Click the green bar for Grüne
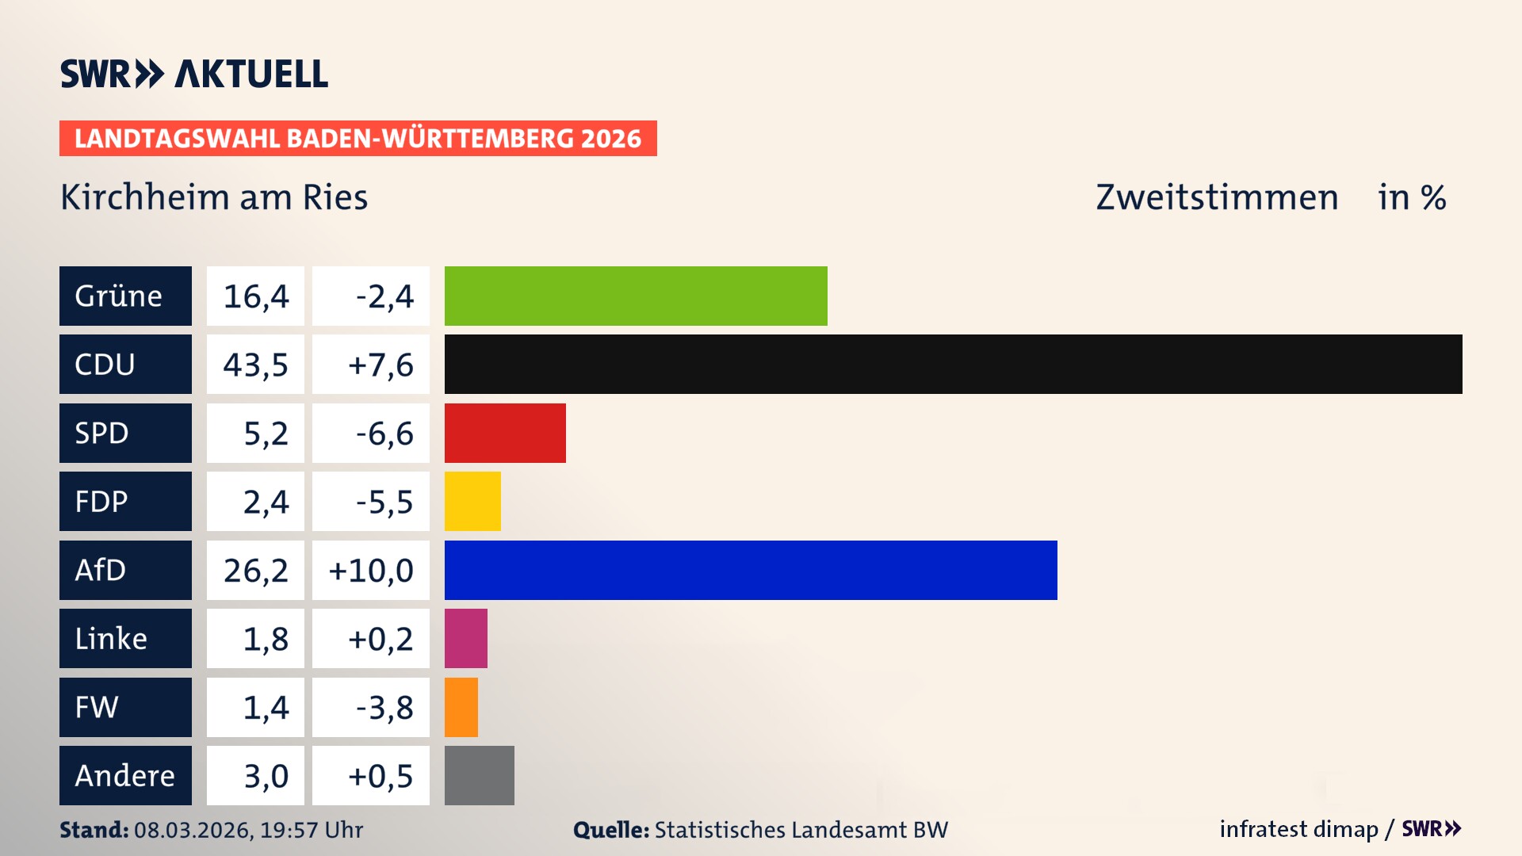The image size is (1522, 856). (636, 296)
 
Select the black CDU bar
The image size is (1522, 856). (953, 364)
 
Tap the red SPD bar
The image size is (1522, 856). (505, 433)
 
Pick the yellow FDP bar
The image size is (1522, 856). (472, 501)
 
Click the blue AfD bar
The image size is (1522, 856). (751, 570)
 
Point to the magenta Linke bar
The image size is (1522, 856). (466, 638)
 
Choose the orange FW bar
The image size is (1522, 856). (461, 707)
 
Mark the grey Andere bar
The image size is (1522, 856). (480, 775)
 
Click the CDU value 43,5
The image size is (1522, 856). (255, 365)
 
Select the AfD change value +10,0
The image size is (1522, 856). (371, 571)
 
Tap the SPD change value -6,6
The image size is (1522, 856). (384, 434)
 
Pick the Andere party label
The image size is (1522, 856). (125, 775)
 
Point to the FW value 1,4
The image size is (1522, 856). (266, 707)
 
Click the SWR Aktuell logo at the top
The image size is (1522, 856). (194, 74)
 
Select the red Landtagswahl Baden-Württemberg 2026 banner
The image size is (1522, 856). (358, 138)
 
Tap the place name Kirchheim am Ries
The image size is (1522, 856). (214, 197)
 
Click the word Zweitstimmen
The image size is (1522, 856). (1217, 197)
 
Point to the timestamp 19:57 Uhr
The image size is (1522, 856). (312, 830)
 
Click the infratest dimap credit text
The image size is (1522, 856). (1298, 829)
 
